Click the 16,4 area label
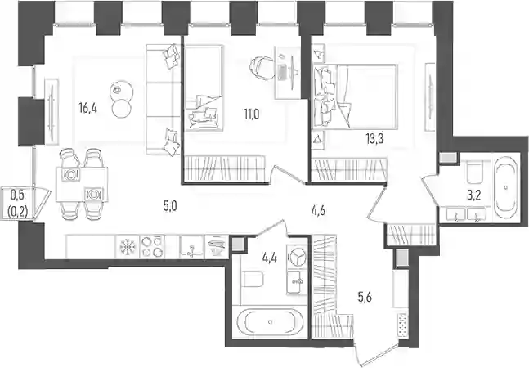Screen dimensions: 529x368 (x=88, y=108)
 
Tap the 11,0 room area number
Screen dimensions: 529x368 (x=252, y=114)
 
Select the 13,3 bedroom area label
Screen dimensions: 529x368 (x=374, y=139)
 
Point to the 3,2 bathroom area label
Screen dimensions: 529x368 (x=473, y=195)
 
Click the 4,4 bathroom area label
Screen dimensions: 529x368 (x=270, y=259)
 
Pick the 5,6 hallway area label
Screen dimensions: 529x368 (x=365, y=298)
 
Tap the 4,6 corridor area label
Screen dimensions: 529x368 (x=318, y=212)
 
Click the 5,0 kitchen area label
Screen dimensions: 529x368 (x=170, y=206)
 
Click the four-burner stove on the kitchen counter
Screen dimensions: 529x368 (x=152, y=247)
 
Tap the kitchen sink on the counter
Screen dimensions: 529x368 (x=191, y=247)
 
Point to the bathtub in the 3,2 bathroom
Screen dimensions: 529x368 (x=505, y=187)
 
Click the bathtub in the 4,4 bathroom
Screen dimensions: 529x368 (x=270, y=322)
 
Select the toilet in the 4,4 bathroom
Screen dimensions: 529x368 (x=253, y=279)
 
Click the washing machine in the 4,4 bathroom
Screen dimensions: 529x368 (x=297, y=257)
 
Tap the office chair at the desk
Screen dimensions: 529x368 (x=262, y=68)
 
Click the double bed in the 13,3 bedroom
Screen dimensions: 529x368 (x=355, y=96)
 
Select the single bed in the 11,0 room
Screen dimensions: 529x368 (x=204, y=88)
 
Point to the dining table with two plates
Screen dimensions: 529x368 (x=82, y=184)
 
